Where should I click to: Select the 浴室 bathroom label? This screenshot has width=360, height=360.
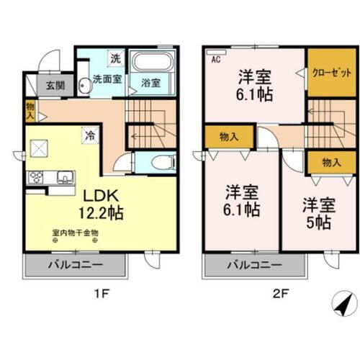[150, 83]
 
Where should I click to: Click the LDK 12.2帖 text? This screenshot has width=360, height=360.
[96, 204]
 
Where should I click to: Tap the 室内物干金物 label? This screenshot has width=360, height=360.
[75, 233]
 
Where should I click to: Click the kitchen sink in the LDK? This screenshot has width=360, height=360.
[63, 176]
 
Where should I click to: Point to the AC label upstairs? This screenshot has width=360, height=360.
[215, 60]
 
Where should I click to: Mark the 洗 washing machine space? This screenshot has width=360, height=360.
[115, 58]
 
